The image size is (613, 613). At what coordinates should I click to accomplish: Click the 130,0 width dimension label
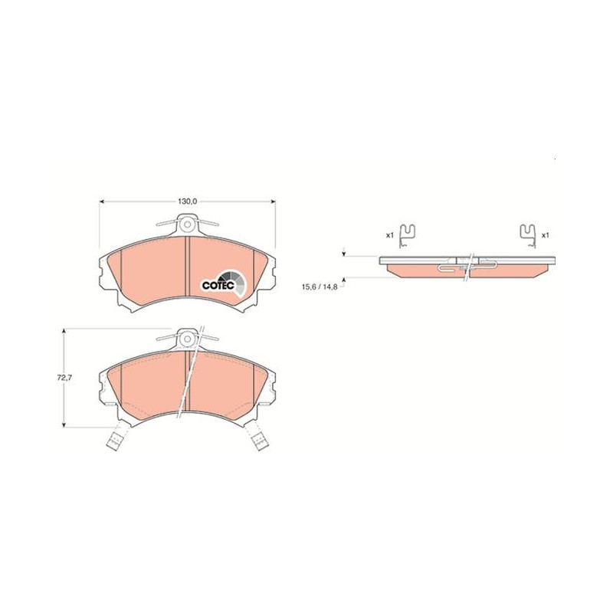click(187, 202)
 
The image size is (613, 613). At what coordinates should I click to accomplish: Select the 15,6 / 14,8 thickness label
click(320, 286)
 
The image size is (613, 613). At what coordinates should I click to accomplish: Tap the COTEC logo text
click(218, 285)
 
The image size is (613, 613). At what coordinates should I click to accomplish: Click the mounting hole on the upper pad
click(188, 225)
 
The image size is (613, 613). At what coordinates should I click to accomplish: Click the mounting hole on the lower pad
click(188, 339)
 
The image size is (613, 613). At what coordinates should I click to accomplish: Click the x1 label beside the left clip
click(390, 235)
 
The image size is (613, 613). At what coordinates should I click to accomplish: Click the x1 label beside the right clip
click(546, 235)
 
